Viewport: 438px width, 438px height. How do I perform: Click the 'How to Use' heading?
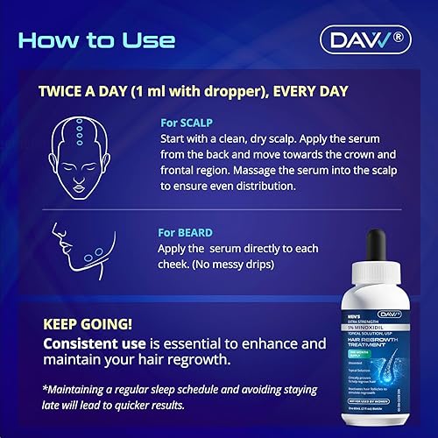tap(96, 40)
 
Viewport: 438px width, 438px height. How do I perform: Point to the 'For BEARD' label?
tap(188, 233)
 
